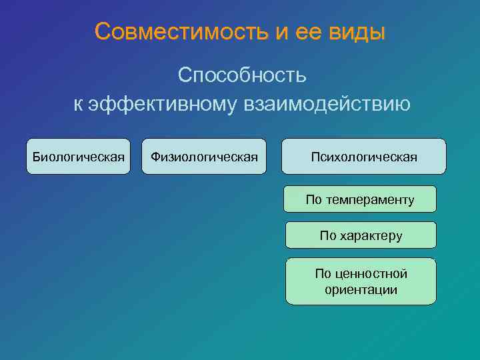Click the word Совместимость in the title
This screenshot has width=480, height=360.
click(181, 31)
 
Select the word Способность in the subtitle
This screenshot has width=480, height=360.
click(242, 75)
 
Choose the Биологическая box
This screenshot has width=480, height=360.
click(79, 157)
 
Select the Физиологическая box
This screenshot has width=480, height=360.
click(204, 157)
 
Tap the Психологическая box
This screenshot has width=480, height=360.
click(363, 157)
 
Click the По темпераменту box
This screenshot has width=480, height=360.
click(360, 199)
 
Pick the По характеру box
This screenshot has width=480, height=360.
click(361, 235)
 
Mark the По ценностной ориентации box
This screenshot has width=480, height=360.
click(361, 281)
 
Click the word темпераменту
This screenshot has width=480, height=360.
click(370, 199)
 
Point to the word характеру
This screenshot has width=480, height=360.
click(370, 235)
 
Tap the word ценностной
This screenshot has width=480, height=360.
click(371, 274)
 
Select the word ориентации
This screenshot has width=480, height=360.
click(361, 290)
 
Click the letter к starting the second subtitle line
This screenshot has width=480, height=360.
click(78, 105)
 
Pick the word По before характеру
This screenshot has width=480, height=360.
click(327, 235)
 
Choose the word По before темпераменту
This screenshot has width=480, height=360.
click(313, 199)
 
